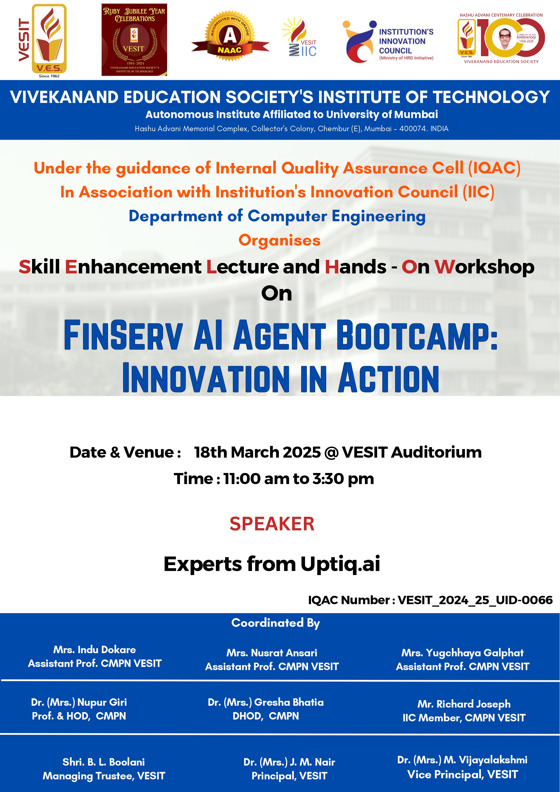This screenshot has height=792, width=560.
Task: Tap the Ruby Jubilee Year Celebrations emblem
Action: point(134,40)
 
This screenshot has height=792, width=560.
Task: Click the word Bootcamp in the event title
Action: point(417,335)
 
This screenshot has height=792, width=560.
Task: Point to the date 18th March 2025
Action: point(257,452)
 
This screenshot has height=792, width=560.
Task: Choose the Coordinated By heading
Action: point(276,623)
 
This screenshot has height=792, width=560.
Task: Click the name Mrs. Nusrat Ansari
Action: point(272,653)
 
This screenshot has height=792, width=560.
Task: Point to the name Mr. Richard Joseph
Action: point(464,704)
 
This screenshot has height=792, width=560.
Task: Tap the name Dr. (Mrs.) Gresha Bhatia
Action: point(266,702)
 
